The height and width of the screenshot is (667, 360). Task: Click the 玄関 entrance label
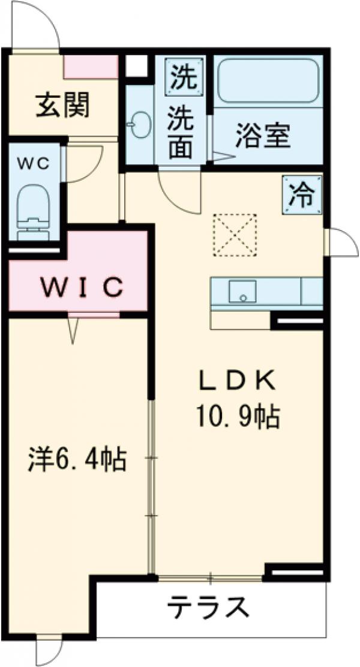pos(62,106)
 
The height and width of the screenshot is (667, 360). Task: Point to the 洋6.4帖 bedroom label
pos(77,460)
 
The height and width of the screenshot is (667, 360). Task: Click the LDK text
pos(237,380)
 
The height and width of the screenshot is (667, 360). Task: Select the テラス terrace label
pos(208,609)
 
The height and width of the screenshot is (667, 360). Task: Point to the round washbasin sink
pos(140,127)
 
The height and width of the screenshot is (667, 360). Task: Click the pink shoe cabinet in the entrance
pos(91,67)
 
